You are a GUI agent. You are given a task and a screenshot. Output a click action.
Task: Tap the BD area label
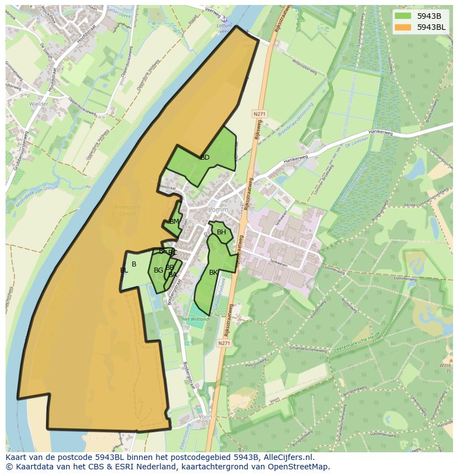[x=205, y=158]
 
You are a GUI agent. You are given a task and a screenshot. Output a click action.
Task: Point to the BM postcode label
[x=174, y=222]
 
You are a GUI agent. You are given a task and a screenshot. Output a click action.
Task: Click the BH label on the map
[x=221, y=232]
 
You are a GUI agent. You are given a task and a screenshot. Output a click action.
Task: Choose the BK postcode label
[x=214, y=273]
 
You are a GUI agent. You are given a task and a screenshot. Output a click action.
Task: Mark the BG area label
[x=158, y=270]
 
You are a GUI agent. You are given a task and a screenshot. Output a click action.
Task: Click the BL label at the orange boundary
[x=123, y=270]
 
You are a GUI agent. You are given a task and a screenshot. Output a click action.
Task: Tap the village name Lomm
[x=218, y=210]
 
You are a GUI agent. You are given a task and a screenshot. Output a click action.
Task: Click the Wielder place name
[x=39, y=103]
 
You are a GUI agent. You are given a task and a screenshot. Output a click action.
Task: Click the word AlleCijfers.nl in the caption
[x=287, y=457]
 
